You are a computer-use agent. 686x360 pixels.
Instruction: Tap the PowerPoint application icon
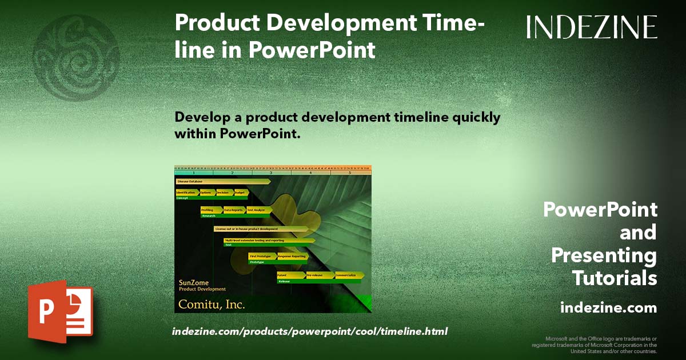point(61,311)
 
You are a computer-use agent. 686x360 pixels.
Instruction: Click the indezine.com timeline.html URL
point(309,331)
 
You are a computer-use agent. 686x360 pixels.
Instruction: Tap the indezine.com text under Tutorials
point(608,308)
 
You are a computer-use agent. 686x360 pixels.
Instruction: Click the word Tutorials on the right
point(614,278)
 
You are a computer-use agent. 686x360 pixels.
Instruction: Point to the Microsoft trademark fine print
point(595,345)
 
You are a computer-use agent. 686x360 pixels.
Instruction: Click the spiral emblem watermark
point(76,58)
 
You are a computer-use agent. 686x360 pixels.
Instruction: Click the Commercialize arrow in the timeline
point(349,275)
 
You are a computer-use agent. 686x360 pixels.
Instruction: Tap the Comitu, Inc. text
point(212,304)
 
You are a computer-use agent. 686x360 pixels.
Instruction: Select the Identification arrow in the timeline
point(186,193)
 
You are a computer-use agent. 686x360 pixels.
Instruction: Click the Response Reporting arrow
point(292,257)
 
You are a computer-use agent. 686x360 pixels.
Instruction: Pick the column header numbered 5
point(349,172)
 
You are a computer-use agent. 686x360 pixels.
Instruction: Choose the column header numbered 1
point(194,172)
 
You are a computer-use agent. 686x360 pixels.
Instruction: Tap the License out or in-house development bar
point(260,229)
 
